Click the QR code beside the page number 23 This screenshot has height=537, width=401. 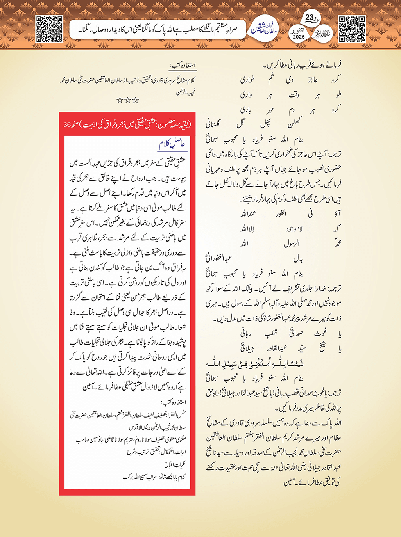(352, 29)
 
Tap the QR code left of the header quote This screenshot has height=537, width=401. (49, 29)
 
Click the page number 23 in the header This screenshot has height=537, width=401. (310, 18)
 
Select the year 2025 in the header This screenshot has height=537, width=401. (299, 37)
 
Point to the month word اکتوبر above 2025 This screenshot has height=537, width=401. (299, 30)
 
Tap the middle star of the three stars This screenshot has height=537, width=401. (128, 100)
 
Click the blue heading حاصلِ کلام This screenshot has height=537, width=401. (173, 144)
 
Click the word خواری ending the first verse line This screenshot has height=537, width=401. (247, 80)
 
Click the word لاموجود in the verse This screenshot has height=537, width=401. (294, 229)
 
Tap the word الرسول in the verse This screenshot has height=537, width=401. (292, 244)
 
